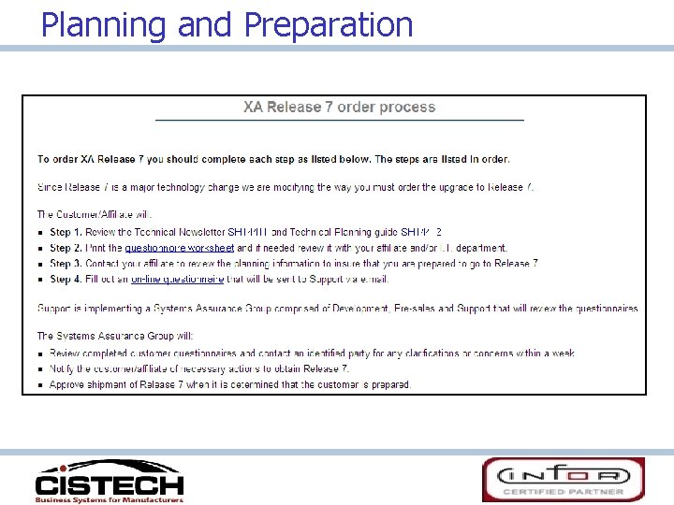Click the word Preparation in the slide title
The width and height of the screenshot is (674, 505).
coord(328,24)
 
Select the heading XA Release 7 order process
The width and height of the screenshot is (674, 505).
coord(339,108)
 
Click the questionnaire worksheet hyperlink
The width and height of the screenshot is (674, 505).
coord(179,248)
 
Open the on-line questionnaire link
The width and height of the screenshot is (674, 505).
coord(177,279)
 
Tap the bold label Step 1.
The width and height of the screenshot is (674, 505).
coord(66,233)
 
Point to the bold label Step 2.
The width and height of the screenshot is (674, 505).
coord(66,248)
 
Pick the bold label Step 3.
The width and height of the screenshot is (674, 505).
coord(66,264)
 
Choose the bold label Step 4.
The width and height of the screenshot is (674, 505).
coord(66,279)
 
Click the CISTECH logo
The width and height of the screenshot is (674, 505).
coord(109,481)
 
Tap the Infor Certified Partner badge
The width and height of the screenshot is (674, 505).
coord(563,479)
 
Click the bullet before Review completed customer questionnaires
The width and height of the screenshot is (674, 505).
coord(41,354)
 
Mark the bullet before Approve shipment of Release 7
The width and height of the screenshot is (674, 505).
coord(41,384)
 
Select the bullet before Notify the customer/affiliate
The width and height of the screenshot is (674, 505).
coord(41,369)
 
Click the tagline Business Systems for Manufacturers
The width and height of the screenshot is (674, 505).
coord(110,499)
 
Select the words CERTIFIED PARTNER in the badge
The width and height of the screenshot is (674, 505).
coord(563,492)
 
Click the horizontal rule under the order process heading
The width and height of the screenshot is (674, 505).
coord(339,121)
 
